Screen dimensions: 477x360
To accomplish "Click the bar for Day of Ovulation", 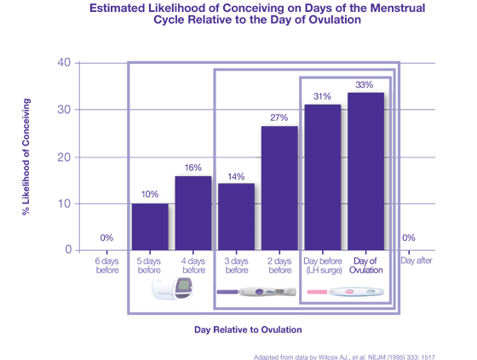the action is tap(365, 171).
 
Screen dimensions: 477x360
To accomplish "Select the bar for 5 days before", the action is tap(150, 227).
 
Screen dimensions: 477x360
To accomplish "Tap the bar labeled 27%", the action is tap(279, 188).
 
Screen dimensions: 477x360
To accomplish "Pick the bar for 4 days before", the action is tap(193, 213).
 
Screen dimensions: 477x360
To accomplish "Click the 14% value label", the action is tap(236, 177).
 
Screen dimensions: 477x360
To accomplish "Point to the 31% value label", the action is tap(322, 96).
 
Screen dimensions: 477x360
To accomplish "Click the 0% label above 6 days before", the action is tap(106, 237).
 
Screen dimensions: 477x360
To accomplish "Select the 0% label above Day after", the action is tap(409, 237).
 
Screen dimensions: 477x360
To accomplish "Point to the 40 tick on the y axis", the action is tap(64, 62).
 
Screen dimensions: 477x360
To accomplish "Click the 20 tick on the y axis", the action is tap(64, 157).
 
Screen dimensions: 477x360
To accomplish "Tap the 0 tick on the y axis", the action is tap(68, 249).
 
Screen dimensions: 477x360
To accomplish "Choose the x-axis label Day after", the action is tap(417, 260).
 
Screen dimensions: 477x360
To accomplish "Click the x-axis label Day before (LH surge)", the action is tap(323, 266).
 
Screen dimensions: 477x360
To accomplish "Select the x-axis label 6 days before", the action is tap(107, 266).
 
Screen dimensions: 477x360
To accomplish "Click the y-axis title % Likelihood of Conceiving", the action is tap(26, 157).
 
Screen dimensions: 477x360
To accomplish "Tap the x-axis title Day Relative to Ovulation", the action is tap(248, 329).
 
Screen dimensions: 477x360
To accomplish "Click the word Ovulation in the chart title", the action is tap(335, 20).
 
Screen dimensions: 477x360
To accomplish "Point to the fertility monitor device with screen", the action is tap(172, 289).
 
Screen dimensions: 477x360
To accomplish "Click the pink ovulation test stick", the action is tap(346, 292).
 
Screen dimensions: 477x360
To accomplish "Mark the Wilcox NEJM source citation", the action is tap(344, 357).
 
